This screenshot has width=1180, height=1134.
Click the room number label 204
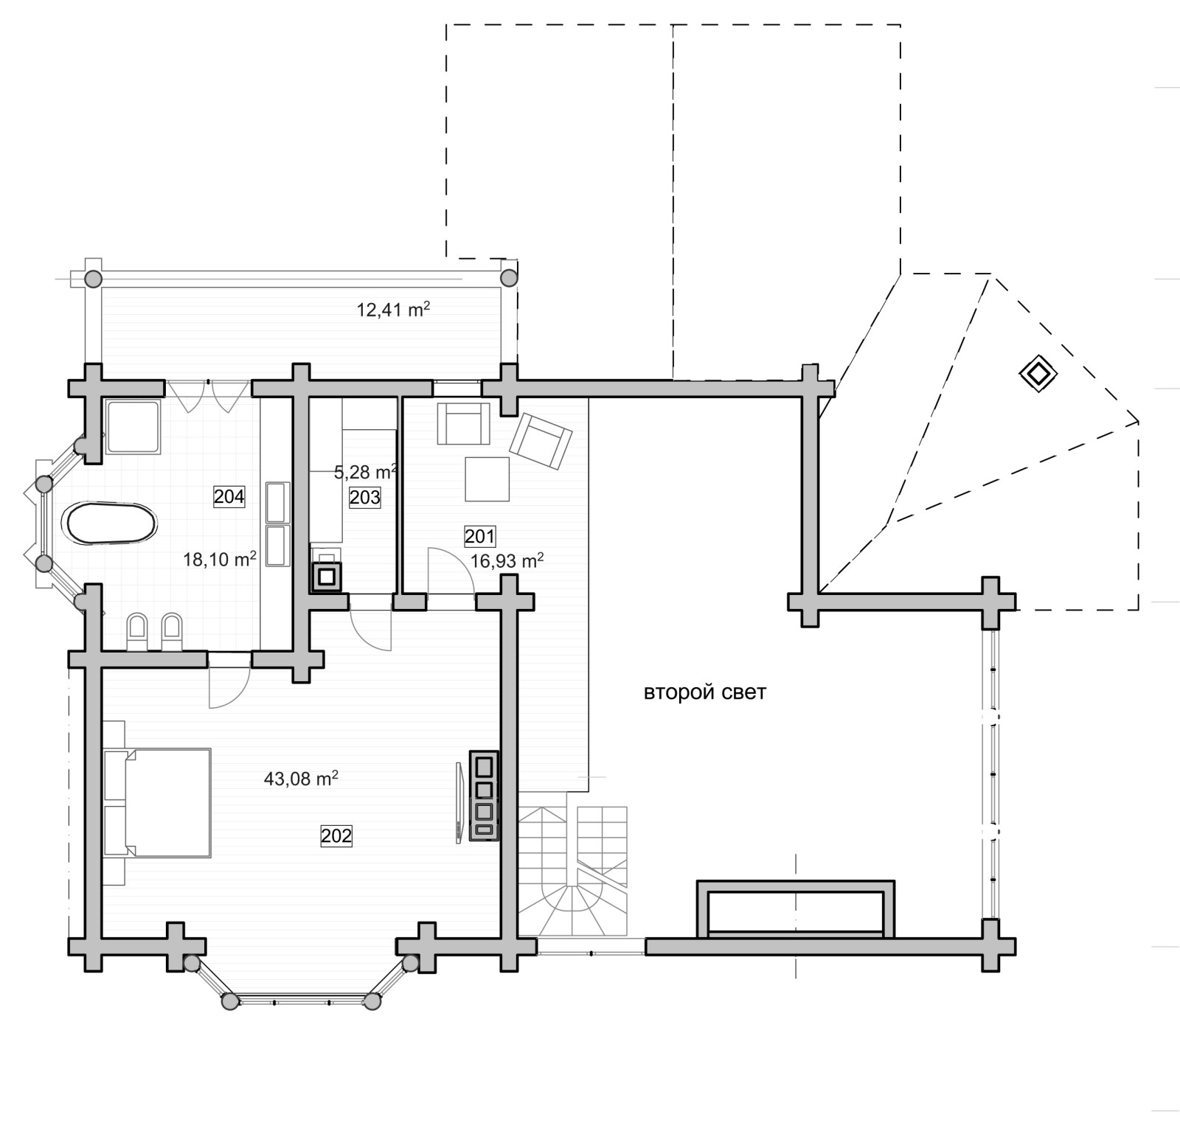pos(229,497)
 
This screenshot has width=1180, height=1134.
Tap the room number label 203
pos(365,498)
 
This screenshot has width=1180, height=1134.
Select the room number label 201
pos(480,536)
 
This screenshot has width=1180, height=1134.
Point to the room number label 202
pos(336,836)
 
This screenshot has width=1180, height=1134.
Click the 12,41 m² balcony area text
pos(393,310)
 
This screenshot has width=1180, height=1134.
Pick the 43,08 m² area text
pos(301,779)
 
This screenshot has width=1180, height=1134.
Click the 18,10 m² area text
pos(220,560)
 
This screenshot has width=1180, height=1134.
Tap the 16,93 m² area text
pos(507,561)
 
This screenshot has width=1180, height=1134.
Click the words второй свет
pos(705,693)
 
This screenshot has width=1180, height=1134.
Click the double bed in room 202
pos(157,803)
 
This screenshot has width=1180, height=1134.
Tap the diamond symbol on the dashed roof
pos(1038,374)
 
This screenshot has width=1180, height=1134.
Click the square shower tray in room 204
pos(133,427)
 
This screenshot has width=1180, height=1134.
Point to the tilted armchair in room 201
pos(541,441)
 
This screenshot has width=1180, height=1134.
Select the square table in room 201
pos(487,479)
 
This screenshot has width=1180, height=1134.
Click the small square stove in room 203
pos(327,577)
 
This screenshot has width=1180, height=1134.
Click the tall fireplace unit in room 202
pos(484,796)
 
